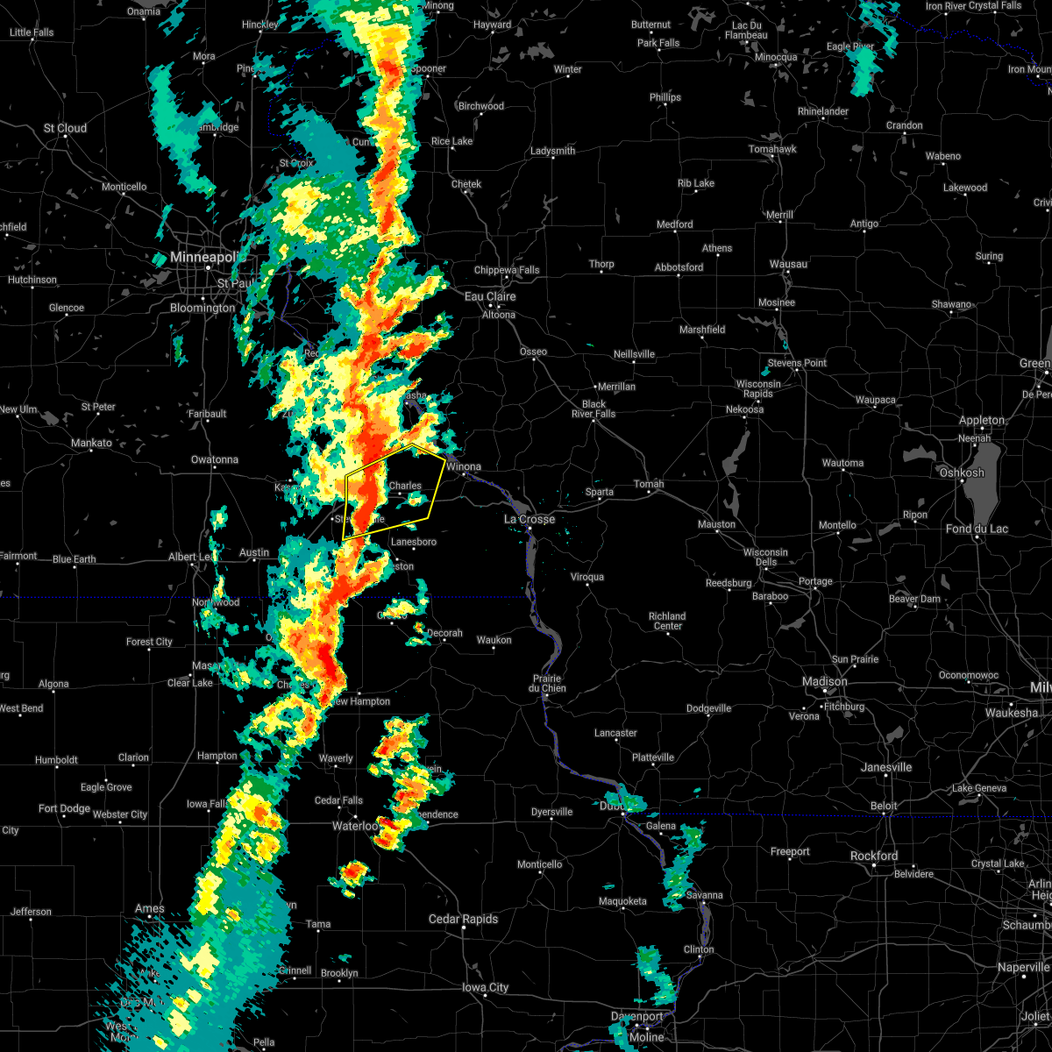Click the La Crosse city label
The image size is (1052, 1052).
(x=530, y=519)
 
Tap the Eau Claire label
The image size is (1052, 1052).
(x=489, y=296)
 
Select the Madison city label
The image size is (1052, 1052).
(x=824, y=681)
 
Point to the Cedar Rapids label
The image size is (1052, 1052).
(x=463, y=919)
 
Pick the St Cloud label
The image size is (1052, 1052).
(x=66, y=128)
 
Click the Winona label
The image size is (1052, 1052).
(x=464, y=466)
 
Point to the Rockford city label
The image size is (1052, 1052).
(x=873, y=856)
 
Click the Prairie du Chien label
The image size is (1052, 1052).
(x=547, y=684)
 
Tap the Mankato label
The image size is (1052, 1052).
(x=91, y=443)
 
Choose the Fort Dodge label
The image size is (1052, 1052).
(x=64, y=808)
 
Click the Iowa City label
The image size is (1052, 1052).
(x=486, y=987)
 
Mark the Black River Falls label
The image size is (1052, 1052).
(x=594, y=409)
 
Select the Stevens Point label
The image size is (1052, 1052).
(x=797, y=363)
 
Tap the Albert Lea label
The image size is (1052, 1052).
(x=195, y=558)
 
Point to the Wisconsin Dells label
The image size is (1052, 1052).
(x=766, y=558)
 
